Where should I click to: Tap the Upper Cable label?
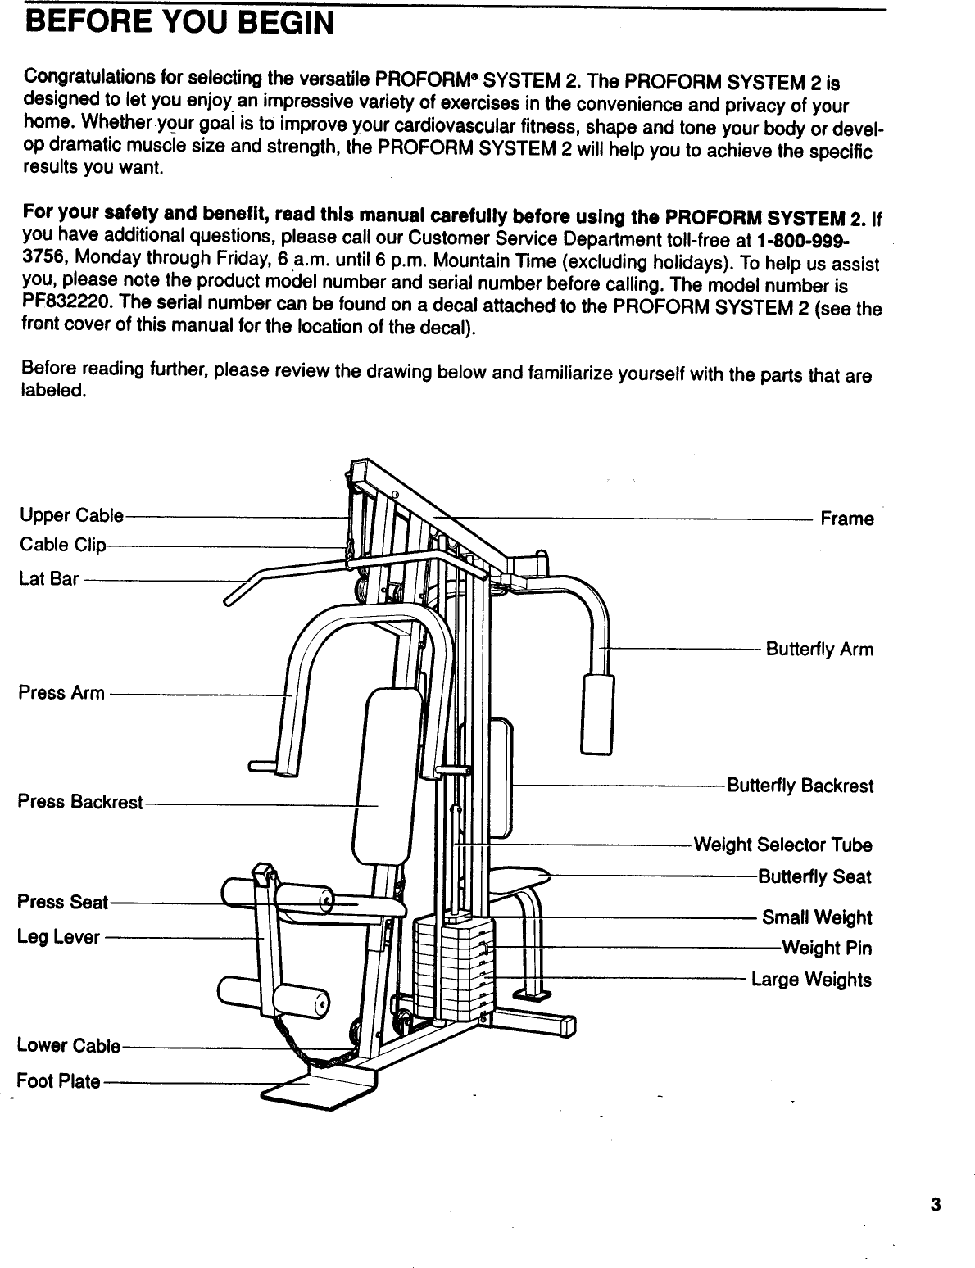[71, 516]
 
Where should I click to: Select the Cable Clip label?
[63, 546]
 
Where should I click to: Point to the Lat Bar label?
[48, 579]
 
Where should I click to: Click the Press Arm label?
[61, 693]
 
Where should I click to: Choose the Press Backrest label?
[80, 801]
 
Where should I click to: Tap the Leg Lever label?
[59, 937]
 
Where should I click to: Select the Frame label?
[847, 519]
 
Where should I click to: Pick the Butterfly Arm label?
[819, 650]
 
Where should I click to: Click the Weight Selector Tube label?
[782, 845]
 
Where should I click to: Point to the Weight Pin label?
[827, 949]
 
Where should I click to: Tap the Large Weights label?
[811, 980]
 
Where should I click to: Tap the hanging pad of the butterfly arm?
[597, 713]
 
